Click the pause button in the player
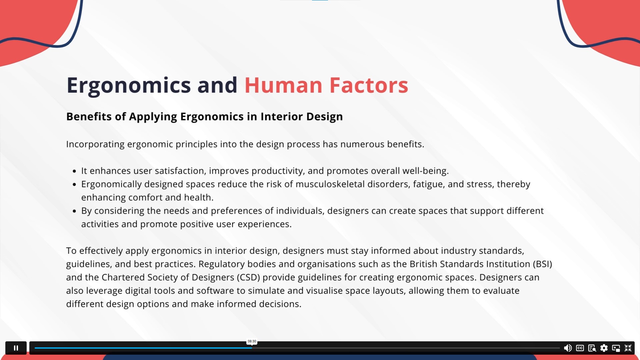16,348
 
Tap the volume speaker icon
568,348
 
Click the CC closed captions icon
580,348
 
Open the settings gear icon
604,348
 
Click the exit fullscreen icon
628,348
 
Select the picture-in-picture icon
616,348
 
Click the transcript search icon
592,348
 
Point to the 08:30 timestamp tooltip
252,341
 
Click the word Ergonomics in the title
129,86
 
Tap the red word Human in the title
283,85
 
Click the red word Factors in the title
369,85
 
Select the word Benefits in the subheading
89,116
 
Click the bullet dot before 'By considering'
74,211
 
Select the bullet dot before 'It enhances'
74,171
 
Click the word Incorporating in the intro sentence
95,144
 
